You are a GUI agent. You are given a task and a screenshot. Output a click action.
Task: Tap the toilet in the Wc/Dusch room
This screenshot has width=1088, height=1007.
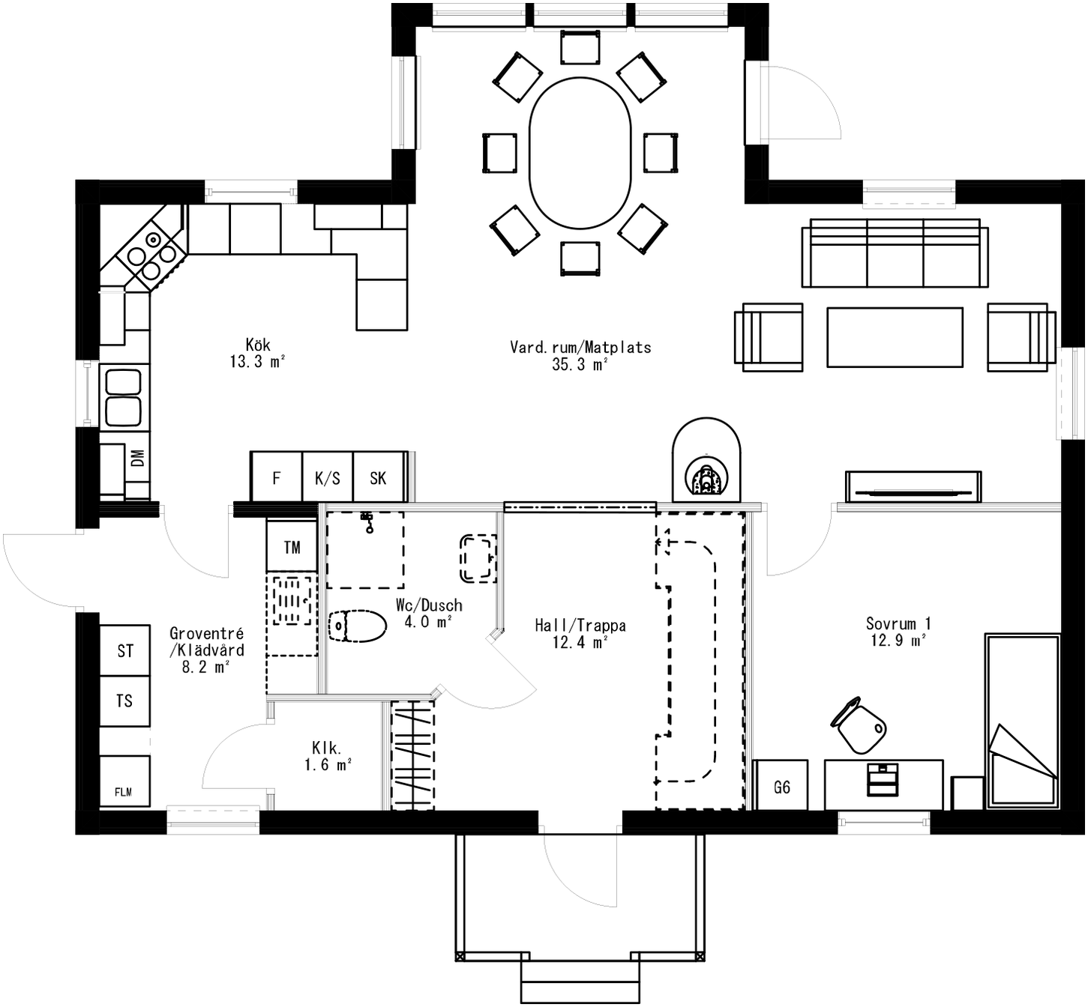357,626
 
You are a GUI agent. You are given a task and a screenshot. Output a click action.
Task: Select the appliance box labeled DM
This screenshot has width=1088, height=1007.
137,458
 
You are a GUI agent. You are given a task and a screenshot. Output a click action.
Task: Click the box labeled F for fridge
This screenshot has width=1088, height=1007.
276,477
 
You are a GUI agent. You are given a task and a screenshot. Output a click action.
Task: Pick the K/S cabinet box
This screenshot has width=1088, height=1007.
327,477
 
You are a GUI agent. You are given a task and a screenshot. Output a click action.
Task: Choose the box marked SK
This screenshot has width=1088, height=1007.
378,477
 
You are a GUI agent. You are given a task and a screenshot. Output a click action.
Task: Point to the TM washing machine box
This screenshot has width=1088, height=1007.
292,547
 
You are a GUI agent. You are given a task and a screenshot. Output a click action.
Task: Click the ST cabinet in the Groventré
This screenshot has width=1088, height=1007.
125,650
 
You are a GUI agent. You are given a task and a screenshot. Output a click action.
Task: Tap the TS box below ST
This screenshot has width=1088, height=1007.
125,701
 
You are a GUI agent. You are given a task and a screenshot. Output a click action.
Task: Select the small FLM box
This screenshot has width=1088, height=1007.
124,783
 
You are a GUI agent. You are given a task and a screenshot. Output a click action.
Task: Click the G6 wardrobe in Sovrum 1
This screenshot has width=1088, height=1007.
781,786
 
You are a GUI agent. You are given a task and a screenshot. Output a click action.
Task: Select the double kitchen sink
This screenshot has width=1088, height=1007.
124,396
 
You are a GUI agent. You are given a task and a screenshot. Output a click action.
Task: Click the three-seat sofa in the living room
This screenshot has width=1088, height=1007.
895,253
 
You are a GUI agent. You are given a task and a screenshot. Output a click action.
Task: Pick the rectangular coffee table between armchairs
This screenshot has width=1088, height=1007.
895,337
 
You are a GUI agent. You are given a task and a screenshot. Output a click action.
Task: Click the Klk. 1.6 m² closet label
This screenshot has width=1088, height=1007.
328,756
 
